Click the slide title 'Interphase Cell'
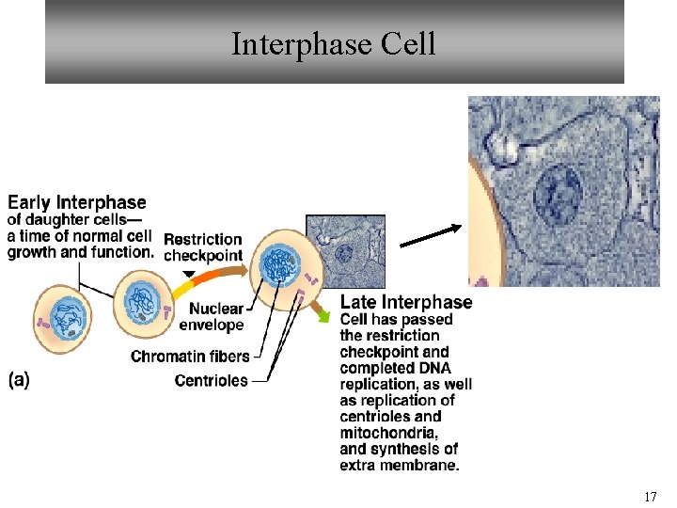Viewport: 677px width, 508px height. [334, 43]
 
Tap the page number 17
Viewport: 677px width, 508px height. [650, 496]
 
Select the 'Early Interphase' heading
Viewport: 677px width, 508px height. [77, 202]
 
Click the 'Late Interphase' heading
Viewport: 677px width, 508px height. [406, 302]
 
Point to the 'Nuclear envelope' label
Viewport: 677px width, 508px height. [216, 317]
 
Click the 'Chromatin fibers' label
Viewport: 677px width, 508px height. [190, 357]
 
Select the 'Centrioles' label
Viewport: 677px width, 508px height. [212, 380]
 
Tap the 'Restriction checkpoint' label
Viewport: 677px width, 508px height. [203, 247]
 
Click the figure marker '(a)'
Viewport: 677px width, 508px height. [19, 380]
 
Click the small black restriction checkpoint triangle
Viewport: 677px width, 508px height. [189, 275]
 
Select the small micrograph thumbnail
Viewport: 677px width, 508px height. [345, 251]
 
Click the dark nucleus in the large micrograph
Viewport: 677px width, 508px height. [559, 195]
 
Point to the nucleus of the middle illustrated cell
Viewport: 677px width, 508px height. [140, 301]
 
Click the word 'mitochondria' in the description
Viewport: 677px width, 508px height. [388, 433]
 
